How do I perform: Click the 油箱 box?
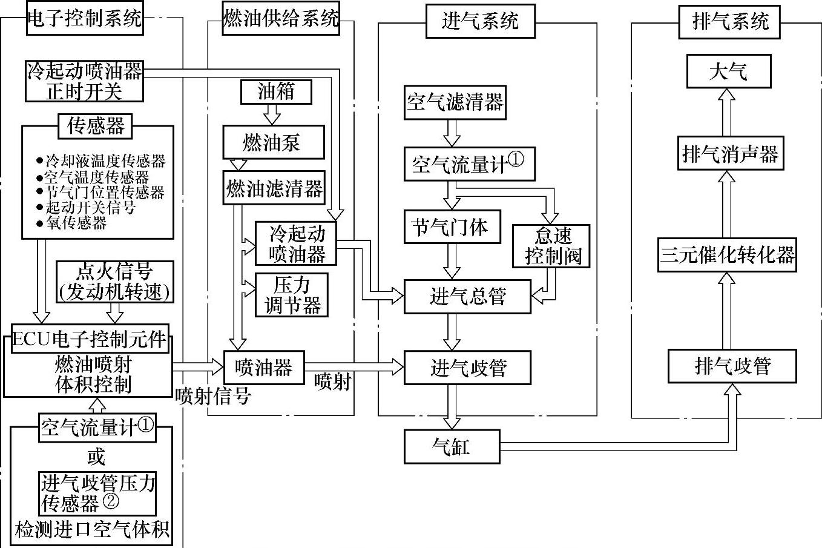[276, 92]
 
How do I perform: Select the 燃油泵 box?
[273, 143]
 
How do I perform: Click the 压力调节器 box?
[292, 295]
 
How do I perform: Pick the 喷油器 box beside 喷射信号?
[263, 368]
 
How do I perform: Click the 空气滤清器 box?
[455, 102]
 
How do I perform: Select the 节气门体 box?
[452, 226]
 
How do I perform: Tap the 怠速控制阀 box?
[551, 246]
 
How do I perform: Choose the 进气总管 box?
[467, 297]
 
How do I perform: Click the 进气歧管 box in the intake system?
[467, 367]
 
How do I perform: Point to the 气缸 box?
[452, 446]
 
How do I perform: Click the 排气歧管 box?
[732, 366]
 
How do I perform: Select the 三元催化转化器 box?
[727, 254]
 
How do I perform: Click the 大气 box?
[729, 71]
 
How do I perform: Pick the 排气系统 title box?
[729, 22]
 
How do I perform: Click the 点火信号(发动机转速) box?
[115, 282]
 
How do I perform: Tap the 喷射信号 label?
[213, 396]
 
